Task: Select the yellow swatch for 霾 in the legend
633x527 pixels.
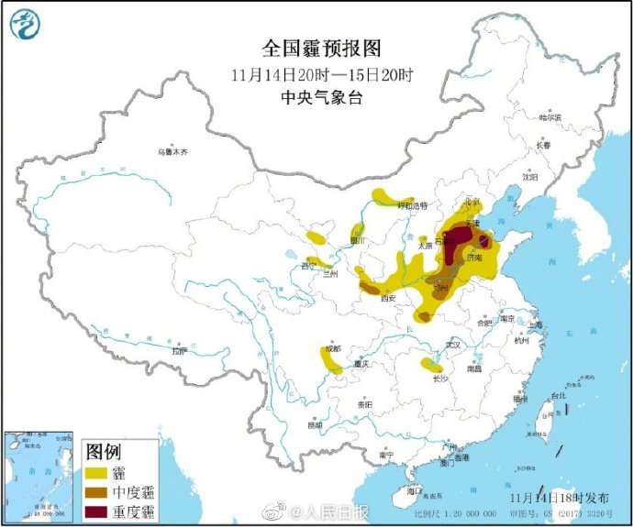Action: pyautogui.click(x=95, y=473)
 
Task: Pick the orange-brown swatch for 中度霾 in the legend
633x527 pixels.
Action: pyautogui.click(x=95, y=493)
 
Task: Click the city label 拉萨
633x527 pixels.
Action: pyautogui.click(x=179, y=351)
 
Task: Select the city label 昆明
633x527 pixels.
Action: pyautogui.click(x=315, y=425)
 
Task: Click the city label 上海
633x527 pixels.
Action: pyautogui.click(x=535, y=324)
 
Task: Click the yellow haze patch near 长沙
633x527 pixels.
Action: pyautogui.click(x=430, y=365)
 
